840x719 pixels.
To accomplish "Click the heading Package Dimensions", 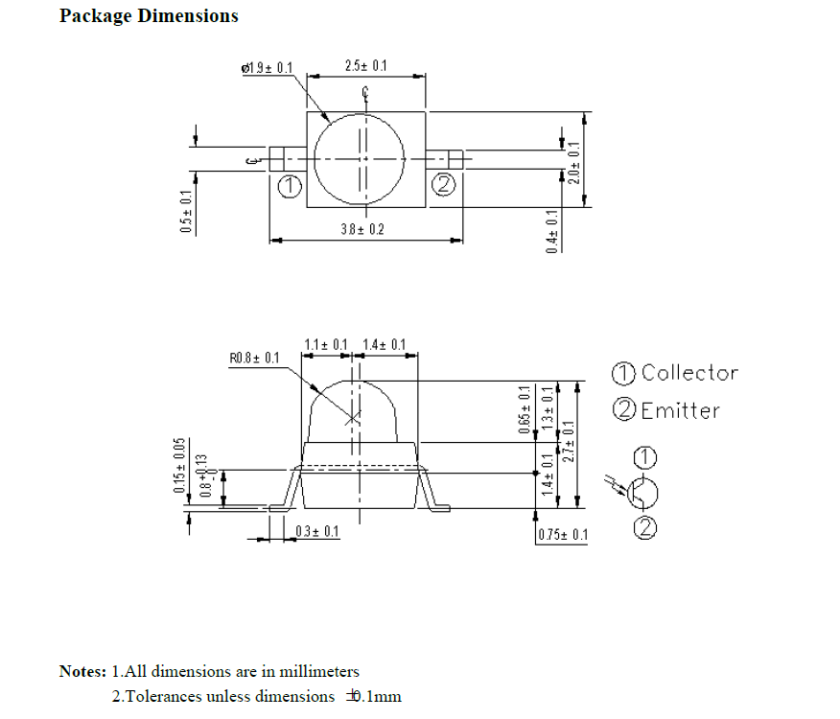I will click(149, 16).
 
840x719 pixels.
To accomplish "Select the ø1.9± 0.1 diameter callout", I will click(268, 68).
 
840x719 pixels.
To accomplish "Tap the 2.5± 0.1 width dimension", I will click(365, 66).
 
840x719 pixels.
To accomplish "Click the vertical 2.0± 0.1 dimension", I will click(574, 163).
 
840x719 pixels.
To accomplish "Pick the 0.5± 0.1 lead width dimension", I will click(186, 211).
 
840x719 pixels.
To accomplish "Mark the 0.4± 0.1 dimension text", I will click(551, 231).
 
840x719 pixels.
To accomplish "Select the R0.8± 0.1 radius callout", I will click(254, 359).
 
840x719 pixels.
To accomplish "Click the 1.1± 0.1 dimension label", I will click(326, 345).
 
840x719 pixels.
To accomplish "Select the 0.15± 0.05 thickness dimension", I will click(179, 465).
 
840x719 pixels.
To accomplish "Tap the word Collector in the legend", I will click(689, 373).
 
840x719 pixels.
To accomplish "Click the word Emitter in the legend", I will click(680, 410).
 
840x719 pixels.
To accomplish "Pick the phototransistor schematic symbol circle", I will click(644, 493).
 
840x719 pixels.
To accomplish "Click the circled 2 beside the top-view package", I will click(443, 184).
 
